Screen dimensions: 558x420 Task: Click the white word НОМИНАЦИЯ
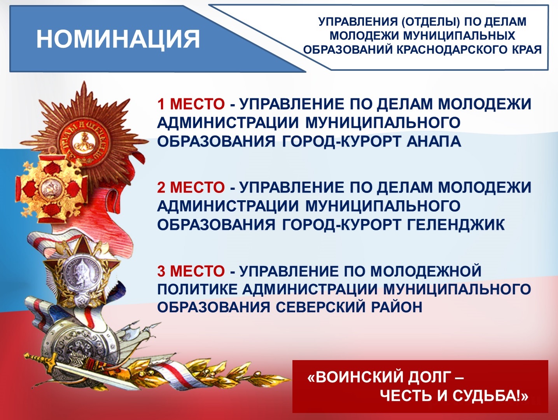[118, 39]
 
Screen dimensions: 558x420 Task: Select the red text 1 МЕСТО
[191, 104]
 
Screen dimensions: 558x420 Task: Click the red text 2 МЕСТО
[191, 187]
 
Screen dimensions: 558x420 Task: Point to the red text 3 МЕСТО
[191, 271]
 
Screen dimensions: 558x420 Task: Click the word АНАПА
[434, 141]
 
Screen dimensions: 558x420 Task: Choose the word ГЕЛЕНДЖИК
[456, 224]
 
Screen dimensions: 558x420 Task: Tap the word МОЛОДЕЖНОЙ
[426, 271]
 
